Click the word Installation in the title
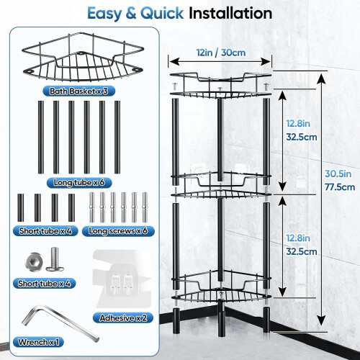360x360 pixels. [230, 13]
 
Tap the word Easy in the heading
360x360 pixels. [104, 14]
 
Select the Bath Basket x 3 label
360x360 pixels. [78, 91]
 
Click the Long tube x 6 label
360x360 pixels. [79, 183]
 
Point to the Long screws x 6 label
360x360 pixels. [118, 231]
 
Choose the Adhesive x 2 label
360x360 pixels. [123, 318]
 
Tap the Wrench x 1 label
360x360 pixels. [38, 342]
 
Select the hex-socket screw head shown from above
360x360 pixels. [35, 262]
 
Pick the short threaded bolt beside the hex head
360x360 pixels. [55, 259]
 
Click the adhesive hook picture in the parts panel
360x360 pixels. [122, 279]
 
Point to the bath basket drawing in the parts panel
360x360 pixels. [83, 58]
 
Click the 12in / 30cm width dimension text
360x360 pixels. [221, 53]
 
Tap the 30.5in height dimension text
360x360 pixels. [338, 174]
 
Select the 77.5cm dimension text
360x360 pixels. [340, 187]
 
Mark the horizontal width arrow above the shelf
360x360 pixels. [220, 62]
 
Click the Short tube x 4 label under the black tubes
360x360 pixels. [45, 231]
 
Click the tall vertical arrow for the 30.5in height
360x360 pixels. [321, 199]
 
